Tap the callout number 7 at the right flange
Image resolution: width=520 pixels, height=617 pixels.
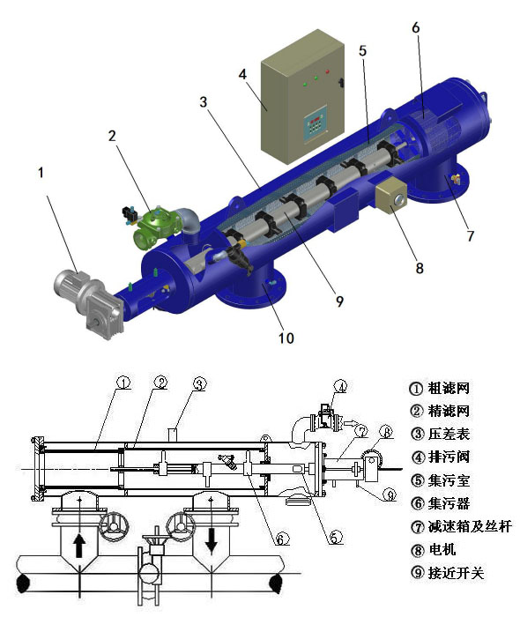[x=471, y=237]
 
